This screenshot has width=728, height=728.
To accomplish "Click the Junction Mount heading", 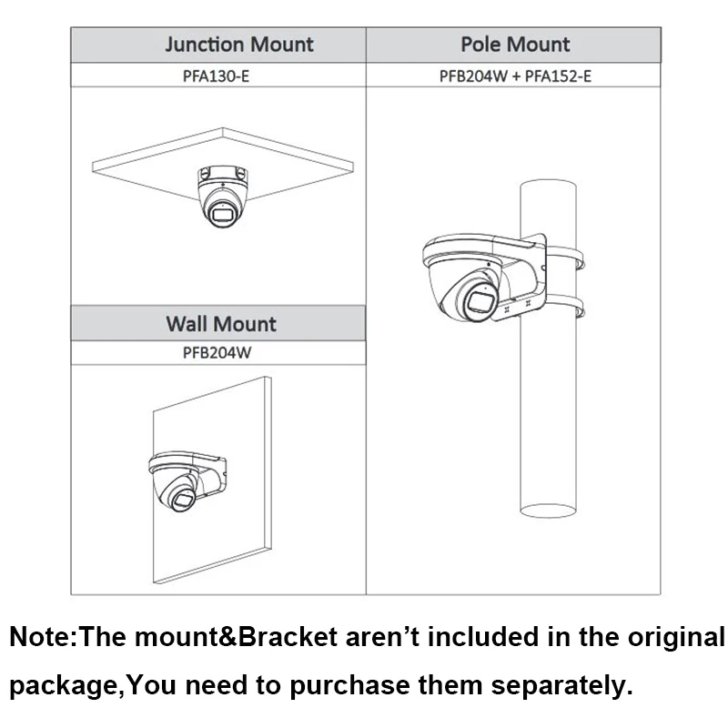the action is coord(239,45).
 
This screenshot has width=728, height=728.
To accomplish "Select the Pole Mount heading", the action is coord(514,45).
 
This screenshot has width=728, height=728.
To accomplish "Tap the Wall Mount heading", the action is coord(220,324).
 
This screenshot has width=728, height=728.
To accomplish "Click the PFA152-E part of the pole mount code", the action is coord(558,76).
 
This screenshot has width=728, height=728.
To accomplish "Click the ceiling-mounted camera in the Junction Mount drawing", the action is coord(220,193).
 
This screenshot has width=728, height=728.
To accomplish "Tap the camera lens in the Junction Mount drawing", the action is coord(222,215).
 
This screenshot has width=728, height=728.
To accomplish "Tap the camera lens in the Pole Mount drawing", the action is coord(480,302).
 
